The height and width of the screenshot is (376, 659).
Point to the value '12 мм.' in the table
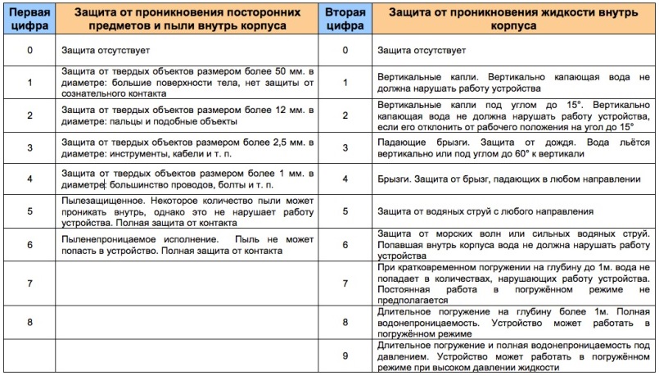coord(281,109)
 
